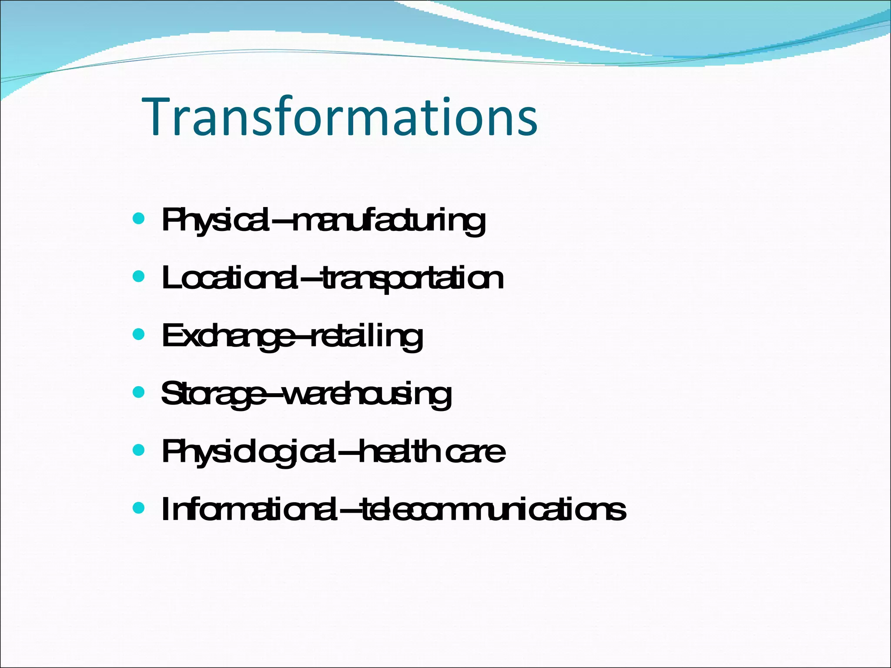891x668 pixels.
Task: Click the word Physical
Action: pos(215,220)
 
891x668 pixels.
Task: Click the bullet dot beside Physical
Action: pos(138,218)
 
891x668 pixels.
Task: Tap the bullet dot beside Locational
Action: pos(138,276)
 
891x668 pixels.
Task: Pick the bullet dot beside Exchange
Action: pos(138,334)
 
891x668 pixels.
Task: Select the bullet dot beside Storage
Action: pos(138,392)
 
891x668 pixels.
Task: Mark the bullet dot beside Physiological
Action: pos(138,450)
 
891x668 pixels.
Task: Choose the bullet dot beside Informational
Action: pos(138,508)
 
